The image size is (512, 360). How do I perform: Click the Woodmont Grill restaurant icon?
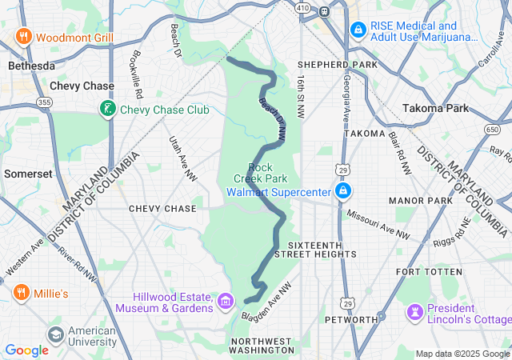pos(23,37)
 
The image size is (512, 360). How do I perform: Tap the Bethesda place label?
pos(31,66)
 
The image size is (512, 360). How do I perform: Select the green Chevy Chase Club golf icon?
pos(106,109)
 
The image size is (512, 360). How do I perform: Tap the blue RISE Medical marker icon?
pos(358,30)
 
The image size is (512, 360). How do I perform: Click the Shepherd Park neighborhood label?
pos(330,65)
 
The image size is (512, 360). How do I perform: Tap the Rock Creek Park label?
pos(261,173)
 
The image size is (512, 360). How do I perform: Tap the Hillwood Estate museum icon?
pos(225,302)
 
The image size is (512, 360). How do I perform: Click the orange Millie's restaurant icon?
pos(20,293)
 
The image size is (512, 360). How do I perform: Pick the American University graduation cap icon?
pos(55,334)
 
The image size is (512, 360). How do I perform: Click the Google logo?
pos(26,350)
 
